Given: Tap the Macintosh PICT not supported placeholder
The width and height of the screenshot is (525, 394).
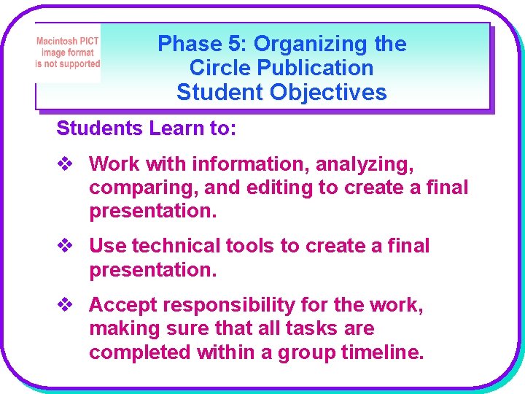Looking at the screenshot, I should click(x=68, y=53).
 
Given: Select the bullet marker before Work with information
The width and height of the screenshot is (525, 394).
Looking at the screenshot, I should click(x=65, y=163).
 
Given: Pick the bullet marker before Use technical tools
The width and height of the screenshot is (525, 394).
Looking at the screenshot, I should click(x=65, y=246).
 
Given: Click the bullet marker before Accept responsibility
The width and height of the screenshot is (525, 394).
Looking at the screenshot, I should click(x=65, y=304).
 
